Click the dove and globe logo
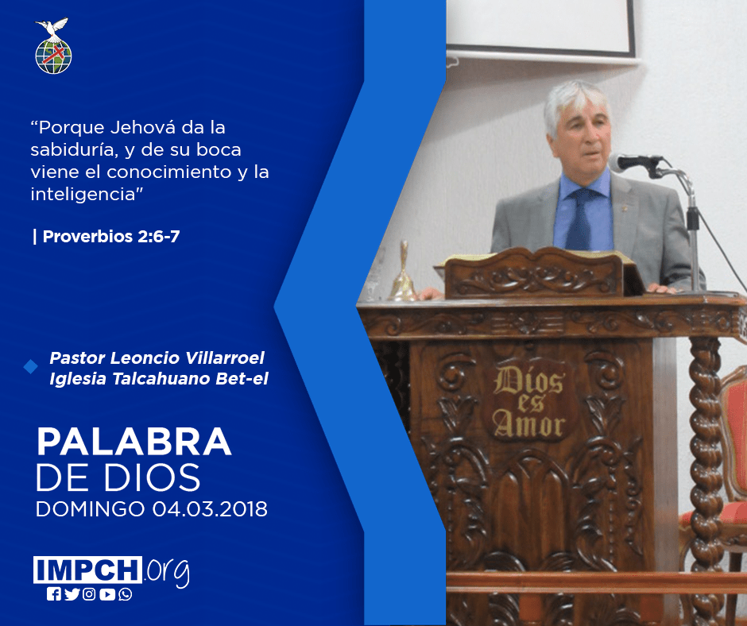(53, 46)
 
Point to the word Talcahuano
(161, 379)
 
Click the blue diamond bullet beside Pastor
(30, 367)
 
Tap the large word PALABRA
(134, 442)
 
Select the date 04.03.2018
(210, 509)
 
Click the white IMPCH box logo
(87, 570)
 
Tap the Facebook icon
(54, 594)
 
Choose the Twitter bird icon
(72, 594)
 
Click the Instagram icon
(89, 594)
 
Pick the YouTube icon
(107, 594)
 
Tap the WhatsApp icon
(126, 594)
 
